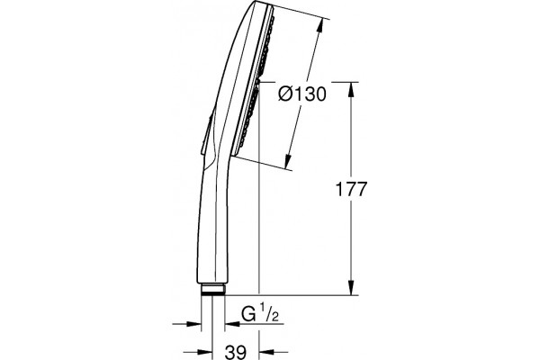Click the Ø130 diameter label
tap(302, 94)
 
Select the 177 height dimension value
tap(351, 189)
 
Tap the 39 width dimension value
tap(236, 352)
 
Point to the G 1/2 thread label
tap(260, 313)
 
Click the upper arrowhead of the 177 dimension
tap(351, 90)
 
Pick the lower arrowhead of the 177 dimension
tap(351, 288)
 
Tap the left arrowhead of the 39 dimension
tap(204, 352)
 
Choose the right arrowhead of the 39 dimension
tap(266, 352)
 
